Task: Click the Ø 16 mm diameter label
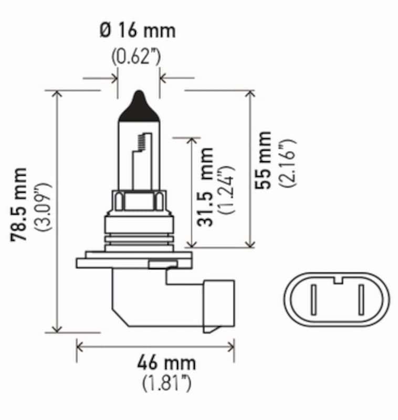(x=138, y=31)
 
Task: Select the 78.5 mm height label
(x=20, y=205)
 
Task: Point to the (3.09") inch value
(x=43, y=207)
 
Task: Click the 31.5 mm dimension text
(x=206, y=187)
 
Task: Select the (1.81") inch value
(x=166, y=384)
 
